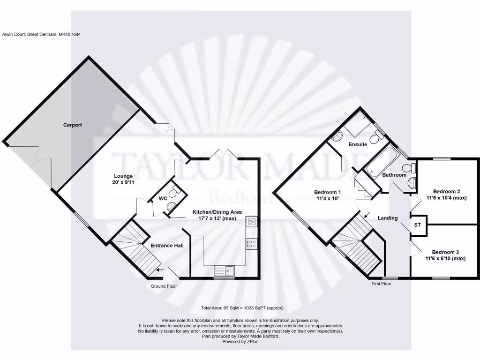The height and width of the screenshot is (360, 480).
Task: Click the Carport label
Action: [x=72, y=125]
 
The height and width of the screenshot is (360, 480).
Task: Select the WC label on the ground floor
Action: [x=163, y=199]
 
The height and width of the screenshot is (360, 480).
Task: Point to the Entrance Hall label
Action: [x=167, y=245]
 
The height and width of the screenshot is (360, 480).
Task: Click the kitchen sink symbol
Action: [x=225, y=270]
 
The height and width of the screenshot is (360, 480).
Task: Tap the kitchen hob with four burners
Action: [x=251, y=244]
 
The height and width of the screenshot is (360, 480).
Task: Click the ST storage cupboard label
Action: [x=418, y=225]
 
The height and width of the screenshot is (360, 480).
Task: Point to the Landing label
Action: [x=387, y=218]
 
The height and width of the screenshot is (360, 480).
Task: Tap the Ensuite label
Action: [x=358, y=144]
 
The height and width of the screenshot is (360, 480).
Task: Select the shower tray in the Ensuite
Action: [x=358, y=124]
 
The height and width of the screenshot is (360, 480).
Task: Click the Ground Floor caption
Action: [x=164, y=286]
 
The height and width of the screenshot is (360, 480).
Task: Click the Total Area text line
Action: [x=242, y=308]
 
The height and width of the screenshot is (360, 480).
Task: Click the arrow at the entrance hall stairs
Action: [x=160, y=270]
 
